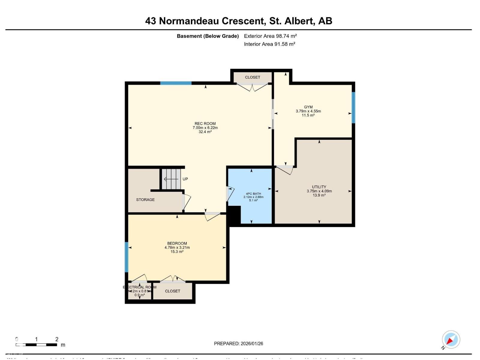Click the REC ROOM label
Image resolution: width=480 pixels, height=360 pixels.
(205, 124)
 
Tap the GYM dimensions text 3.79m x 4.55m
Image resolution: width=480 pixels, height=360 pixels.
(308, 111)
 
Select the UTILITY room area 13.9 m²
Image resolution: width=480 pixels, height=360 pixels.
(319, 195)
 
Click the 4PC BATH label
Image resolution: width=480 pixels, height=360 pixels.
(253, 194)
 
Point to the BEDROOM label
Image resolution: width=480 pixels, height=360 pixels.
(177, 244)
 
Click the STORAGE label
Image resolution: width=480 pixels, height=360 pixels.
(145, 200)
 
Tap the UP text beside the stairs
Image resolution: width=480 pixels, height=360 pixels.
(185, 179)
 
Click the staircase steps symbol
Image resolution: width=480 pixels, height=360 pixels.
(171, 179)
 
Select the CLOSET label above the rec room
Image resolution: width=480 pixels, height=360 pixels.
(252, 77)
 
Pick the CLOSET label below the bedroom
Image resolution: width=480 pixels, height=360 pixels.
(172, 291)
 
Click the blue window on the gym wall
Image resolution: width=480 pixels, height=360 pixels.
(353, 107)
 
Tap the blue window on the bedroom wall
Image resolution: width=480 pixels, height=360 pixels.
(126, 257)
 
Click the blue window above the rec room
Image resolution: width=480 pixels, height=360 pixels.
(176, 83)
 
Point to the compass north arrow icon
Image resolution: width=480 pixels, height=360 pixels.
(451, 340)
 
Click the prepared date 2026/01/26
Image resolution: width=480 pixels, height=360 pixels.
(251, 344)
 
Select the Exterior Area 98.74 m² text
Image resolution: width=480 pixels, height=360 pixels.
(270, 36)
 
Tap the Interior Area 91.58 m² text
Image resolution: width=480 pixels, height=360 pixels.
(269, 44)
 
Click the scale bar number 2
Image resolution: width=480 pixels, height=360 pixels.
(57, 339)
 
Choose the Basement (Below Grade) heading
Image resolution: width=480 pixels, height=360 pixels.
(208, 36)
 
